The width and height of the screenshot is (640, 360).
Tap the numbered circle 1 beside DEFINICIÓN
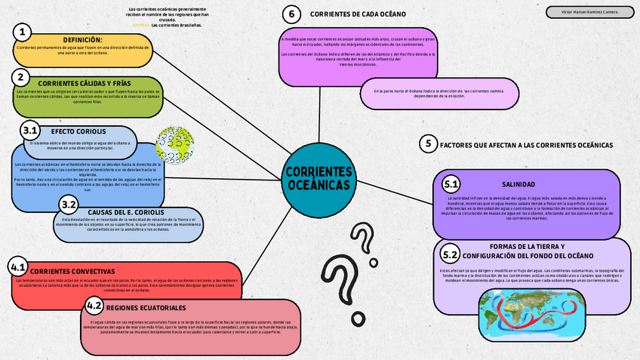(23, 32)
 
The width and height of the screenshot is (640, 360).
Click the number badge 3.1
(31, 130)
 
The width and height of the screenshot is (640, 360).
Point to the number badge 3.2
(69, 205)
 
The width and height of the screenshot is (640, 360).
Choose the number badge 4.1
(18, 267)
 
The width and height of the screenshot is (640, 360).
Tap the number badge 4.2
(94, 306)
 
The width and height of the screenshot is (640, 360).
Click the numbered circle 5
(428, 143)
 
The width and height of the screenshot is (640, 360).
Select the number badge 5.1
(451, 184)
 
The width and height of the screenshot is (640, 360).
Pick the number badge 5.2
(451, 254)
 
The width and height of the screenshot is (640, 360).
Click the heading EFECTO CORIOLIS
(73, 131)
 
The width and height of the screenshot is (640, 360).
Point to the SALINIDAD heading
(518, 185)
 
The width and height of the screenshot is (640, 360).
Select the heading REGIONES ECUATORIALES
(146, 309)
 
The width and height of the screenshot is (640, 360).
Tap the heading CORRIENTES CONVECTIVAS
(72, 270)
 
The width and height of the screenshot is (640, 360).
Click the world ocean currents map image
(531, 313)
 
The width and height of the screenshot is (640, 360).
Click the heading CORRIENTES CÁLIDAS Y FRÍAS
(85, 83)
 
